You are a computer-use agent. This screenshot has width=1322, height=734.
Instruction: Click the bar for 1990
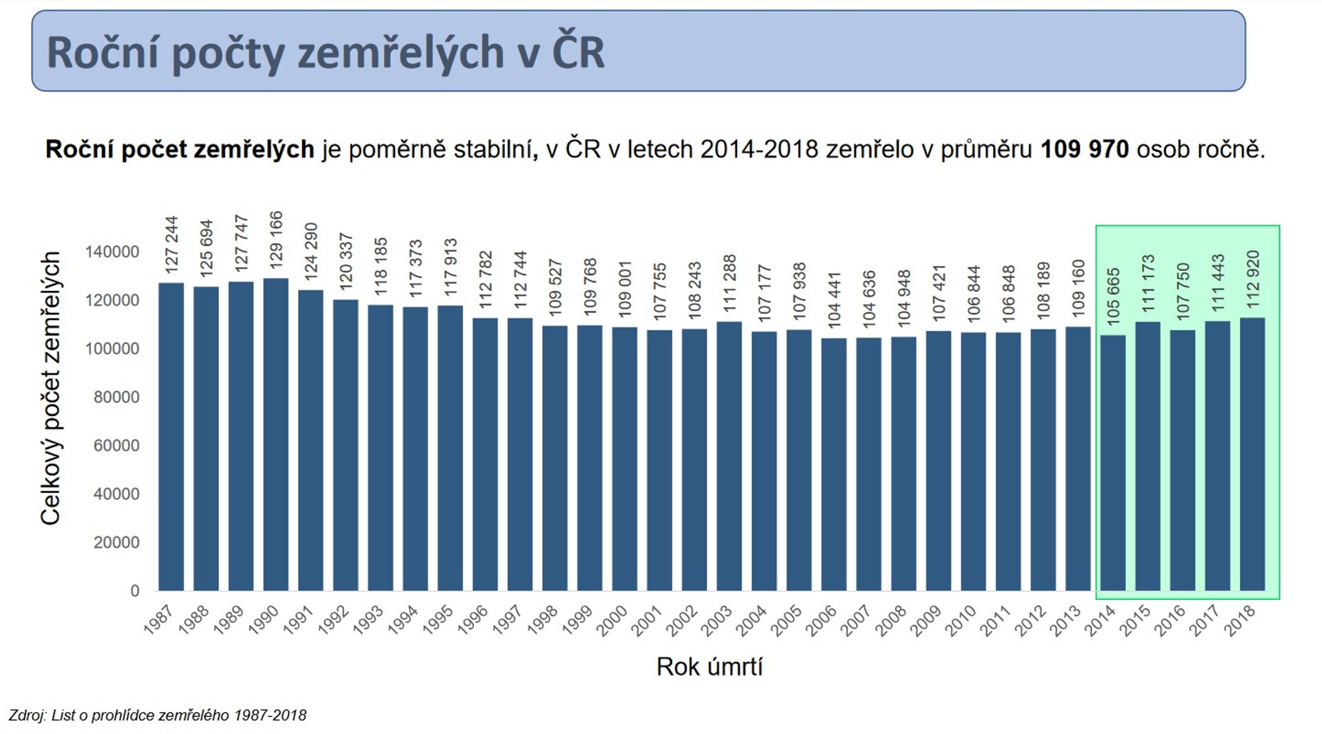point(276,434)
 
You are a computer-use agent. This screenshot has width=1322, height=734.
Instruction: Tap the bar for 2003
point(729,456)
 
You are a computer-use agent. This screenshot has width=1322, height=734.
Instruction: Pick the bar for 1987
point(171,437)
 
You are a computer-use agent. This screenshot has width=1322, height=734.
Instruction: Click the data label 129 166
point(276,240)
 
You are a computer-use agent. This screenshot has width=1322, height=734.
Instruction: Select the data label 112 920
point(1253,279)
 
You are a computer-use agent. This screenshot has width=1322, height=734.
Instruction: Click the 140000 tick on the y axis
point(112,252)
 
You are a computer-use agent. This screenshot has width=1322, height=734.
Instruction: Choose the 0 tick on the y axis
point(135,591)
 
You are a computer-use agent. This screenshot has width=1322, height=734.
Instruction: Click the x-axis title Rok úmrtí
point(710,667)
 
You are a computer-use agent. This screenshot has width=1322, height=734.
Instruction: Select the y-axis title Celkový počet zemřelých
point(50,388)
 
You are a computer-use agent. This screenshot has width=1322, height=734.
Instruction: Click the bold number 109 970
point(1085,149)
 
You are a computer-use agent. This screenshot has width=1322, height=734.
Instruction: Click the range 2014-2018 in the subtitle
point(759,149)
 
